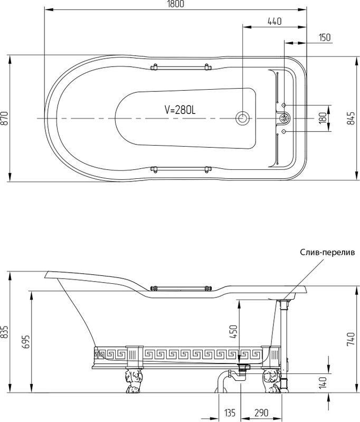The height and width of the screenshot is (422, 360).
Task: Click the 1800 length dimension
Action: [175, 4]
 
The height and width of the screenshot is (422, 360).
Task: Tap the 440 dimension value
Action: [274, 21]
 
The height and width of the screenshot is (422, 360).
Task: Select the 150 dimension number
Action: [325, 37]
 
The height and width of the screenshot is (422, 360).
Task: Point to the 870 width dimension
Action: [5, 118]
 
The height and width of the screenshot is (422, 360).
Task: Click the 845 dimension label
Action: [351, 118]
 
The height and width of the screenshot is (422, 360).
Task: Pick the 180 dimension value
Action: [323, 118]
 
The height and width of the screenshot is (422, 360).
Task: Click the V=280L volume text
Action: [180, 110]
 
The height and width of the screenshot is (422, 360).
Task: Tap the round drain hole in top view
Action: [243, 118]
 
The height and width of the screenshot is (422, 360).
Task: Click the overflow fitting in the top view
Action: [285, 118]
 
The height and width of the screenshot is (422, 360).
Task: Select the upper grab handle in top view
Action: [180, 67]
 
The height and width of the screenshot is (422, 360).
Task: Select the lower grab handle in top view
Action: [180, 169]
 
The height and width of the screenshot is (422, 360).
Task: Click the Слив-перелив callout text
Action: [327, 252]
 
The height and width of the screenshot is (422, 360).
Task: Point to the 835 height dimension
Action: [5, 332]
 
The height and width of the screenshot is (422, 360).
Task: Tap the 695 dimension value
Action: [27, 342]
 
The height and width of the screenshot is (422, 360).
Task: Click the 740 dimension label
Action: [351, 339]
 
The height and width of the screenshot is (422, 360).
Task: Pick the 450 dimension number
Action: [234, 332]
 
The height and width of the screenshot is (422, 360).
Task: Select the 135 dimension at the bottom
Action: [230, 413]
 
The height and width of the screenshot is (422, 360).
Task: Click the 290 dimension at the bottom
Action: [261, 413]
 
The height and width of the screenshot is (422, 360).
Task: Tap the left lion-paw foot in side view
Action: [132, 380]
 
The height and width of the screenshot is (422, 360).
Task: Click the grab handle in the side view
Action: [180, 288]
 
